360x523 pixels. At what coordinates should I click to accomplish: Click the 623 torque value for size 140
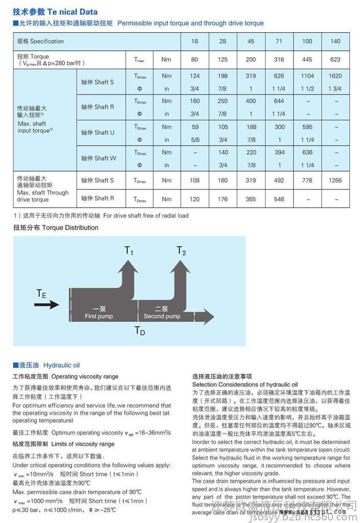pos(335,60)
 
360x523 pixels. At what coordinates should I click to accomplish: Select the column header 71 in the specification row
pos(279,41)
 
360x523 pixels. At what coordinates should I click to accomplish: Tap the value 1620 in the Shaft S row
pos(335,76)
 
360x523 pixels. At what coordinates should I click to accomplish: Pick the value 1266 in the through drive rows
pos(335,180)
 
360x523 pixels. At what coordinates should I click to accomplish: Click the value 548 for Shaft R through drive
pos(279,199)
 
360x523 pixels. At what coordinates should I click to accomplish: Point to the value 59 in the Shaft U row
pos(195,127)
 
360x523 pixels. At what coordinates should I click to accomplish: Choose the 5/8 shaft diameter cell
pos(195,139)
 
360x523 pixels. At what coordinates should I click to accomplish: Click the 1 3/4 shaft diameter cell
pos(335,88)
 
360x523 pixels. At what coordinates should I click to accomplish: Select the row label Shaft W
pos(99,158)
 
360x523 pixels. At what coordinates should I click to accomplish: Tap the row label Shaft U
pos(99,133)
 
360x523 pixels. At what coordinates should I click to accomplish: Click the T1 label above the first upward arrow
pos(129,251)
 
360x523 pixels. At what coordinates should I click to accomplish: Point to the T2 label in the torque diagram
pos(181,251)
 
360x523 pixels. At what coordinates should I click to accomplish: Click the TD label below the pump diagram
pos(139,331)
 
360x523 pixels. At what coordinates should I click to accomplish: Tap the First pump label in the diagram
pos(99,313)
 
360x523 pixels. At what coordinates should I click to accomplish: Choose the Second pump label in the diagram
pos(162,313)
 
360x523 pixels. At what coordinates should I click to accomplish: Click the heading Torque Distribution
pos(56,228)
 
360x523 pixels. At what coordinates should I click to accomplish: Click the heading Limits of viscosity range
pos(63,444)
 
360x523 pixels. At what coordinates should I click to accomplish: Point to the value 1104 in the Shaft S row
pos(307,76)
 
